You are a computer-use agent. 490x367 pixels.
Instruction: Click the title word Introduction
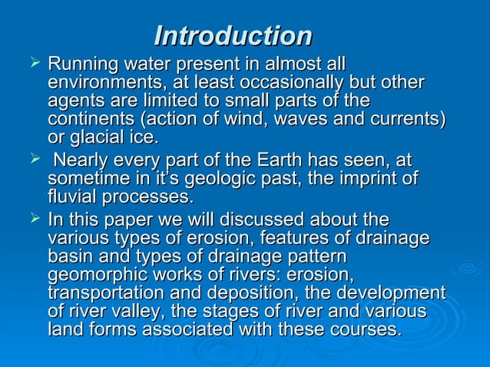click(x=233, y=35)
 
